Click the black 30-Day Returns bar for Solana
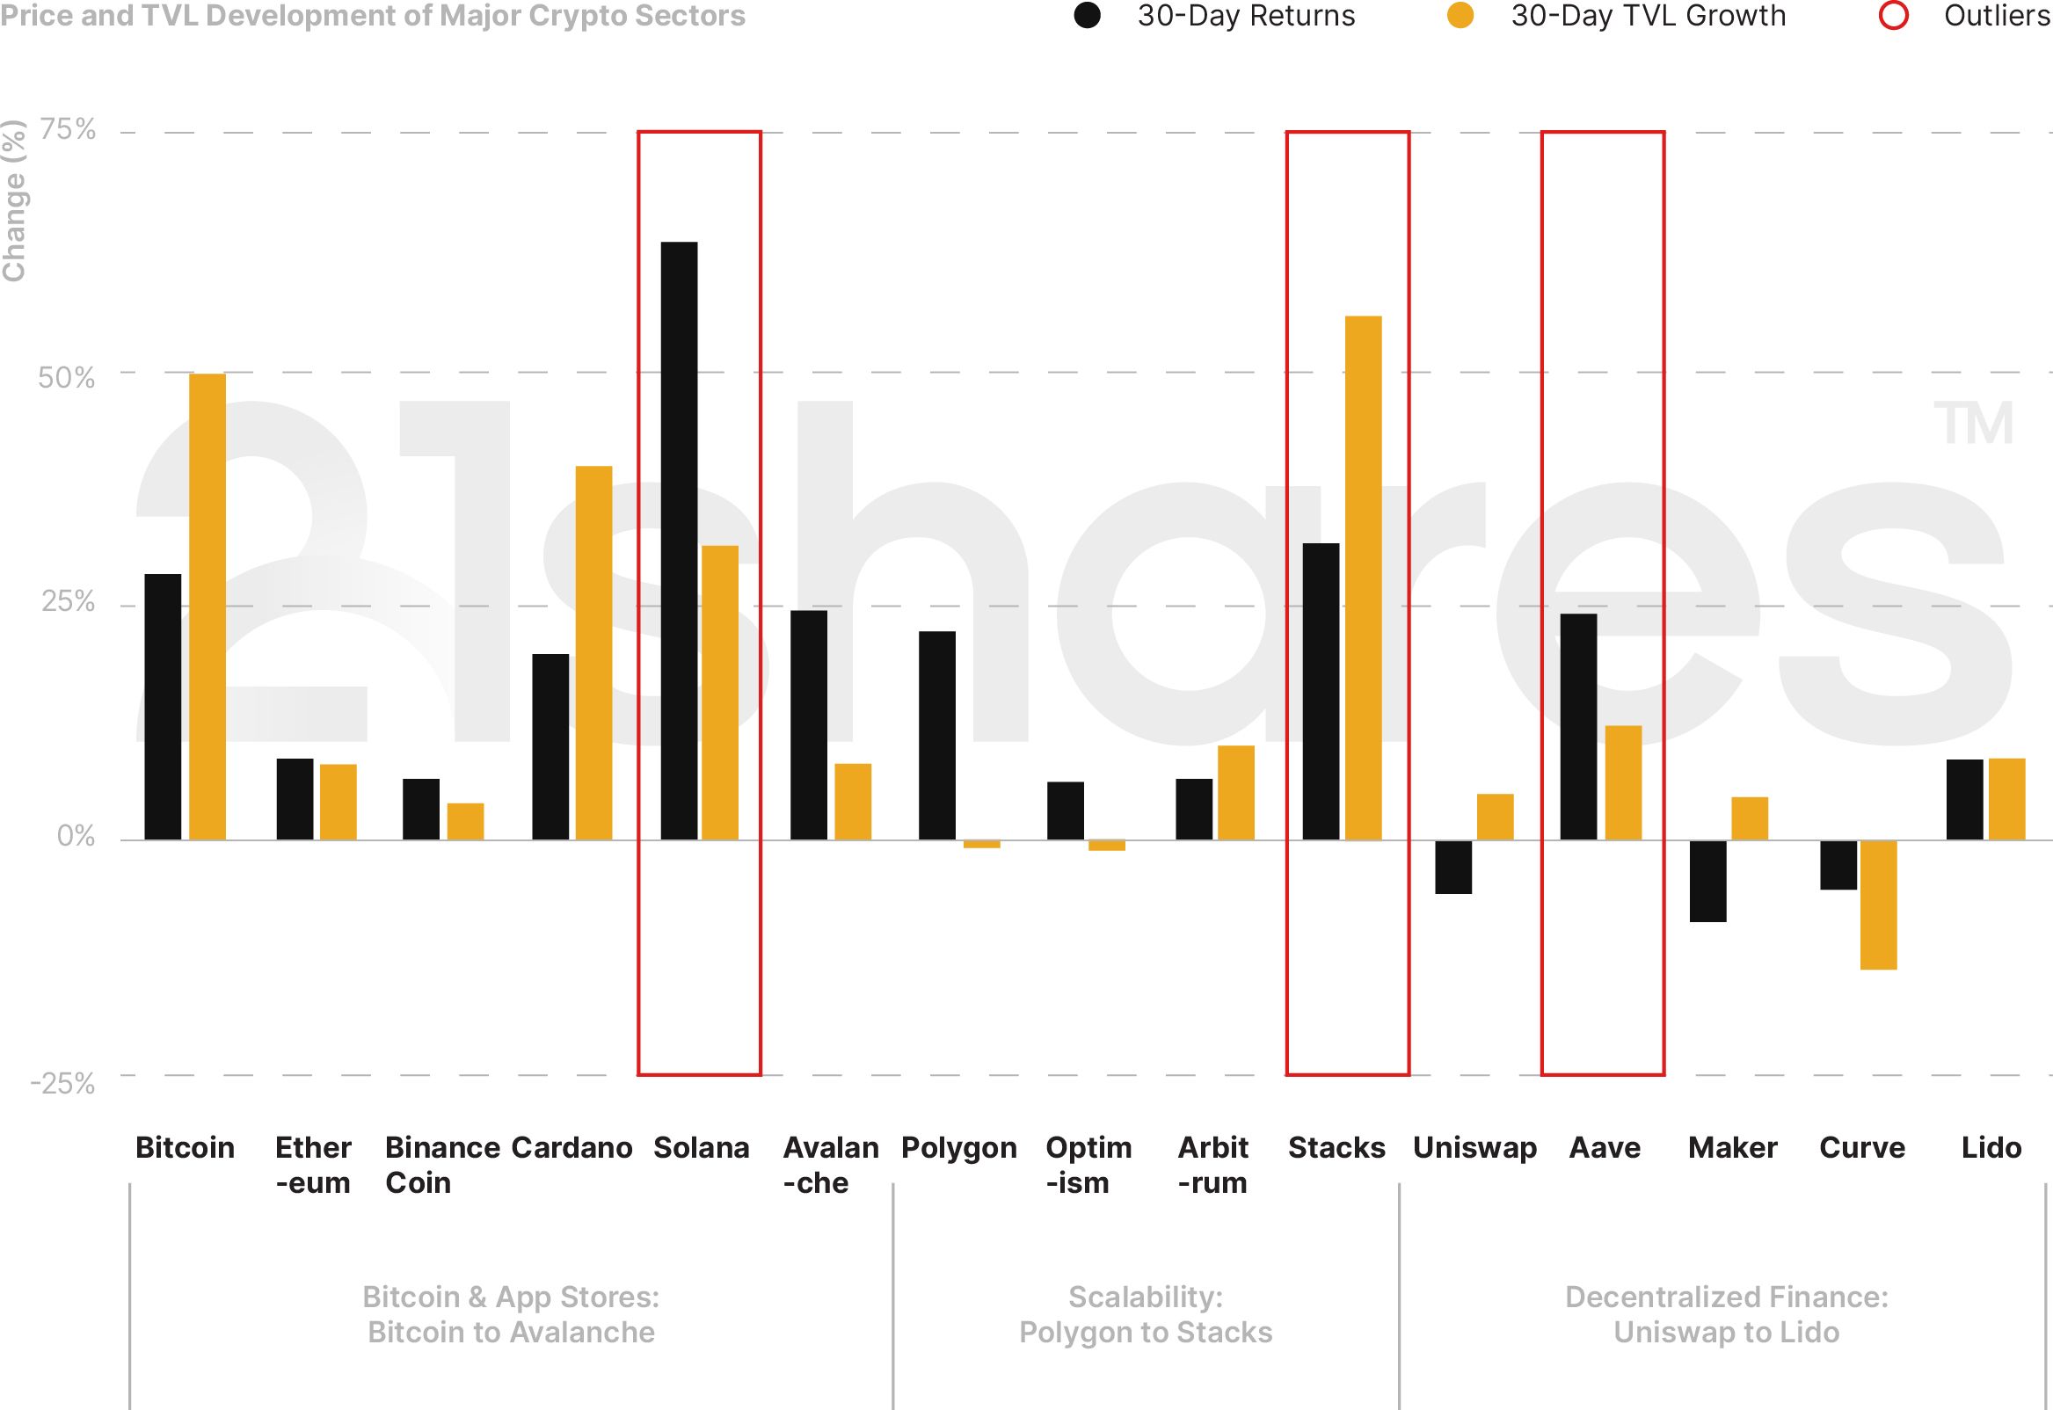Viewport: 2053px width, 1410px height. point(679,540)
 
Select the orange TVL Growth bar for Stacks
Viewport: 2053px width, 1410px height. point(1363,578)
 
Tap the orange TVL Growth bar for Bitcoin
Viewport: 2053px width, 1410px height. point(207,606)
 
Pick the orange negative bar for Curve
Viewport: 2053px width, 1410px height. point(1878,905)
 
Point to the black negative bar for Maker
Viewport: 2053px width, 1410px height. point(1707,881)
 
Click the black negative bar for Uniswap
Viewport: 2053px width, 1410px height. point(1453,867)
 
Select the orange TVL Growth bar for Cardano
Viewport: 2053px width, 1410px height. point(593,652)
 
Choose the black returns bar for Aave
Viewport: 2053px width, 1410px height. point(1578,726)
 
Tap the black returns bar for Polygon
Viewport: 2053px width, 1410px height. point(936,735)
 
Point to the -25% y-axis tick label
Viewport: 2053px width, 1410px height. point(62,1083)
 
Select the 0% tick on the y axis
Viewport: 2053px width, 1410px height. point(76,836)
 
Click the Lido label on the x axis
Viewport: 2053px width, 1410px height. point(1991,1148)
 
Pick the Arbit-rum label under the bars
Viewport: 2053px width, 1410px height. point(1212,1165)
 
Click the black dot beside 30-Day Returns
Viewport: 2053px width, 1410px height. point(1087,16)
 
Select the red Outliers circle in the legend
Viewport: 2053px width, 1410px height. point(1893,16)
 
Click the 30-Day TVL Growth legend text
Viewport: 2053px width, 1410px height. point(1649,16)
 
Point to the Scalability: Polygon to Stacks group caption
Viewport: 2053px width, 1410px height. point(1146,1313)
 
